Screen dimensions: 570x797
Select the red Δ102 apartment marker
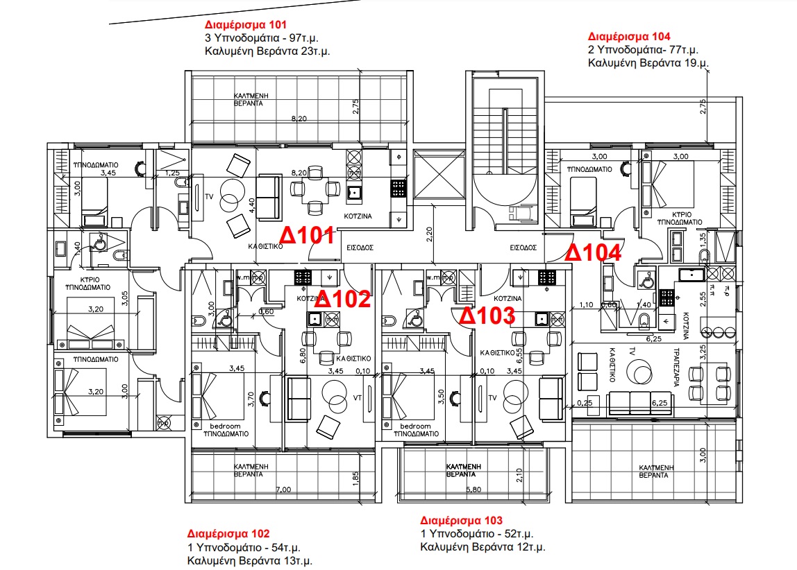(342, 301)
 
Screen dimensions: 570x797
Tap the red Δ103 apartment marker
(487, 316)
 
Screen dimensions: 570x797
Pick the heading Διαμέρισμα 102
(228, 534)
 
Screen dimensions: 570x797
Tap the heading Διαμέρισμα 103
(461, 520)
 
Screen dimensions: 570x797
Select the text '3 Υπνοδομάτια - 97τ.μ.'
(262, 39)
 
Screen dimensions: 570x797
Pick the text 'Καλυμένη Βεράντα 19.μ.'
(648, 63)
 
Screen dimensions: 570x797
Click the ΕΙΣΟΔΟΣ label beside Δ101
(360, 246)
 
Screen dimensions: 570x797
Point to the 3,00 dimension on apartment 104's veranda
(703, 456)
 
